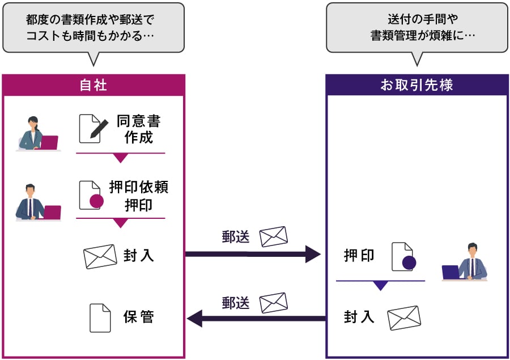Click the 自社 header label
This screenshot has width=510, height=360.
coord(93,85)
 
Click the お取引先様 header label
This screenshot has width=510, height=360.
coord(416,85)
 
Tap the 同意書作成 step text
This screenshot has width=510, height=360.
coord(139,129)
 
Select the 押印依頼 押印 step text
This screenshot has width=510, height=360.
coord(139,196)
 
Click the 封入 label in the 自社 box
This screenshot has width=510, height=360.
coord(139,256)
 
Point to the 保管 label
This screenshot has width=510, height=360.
coord(139,317)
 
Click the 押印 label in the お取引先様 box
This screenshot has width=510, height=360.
coord(359,256)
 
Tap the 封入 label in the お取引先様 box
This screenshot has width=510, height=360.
coord(359,317)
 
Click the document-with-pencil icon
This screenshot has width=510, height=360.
coord(93,129)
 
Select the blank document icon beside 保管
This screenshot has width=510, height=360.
coord(100,317)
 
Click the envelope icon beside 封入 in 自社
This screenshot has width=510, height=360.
coord(100,256)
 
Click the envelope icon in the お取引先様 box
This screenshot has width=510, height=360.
coord(404,317)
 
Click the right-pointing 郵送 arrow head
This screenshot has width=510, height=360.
coord(312,253)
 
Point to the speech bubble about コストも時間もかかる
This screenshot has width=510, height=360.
coord(93,27)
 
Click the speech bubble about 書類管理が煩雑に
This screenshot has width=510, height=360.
coord(416,27)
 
